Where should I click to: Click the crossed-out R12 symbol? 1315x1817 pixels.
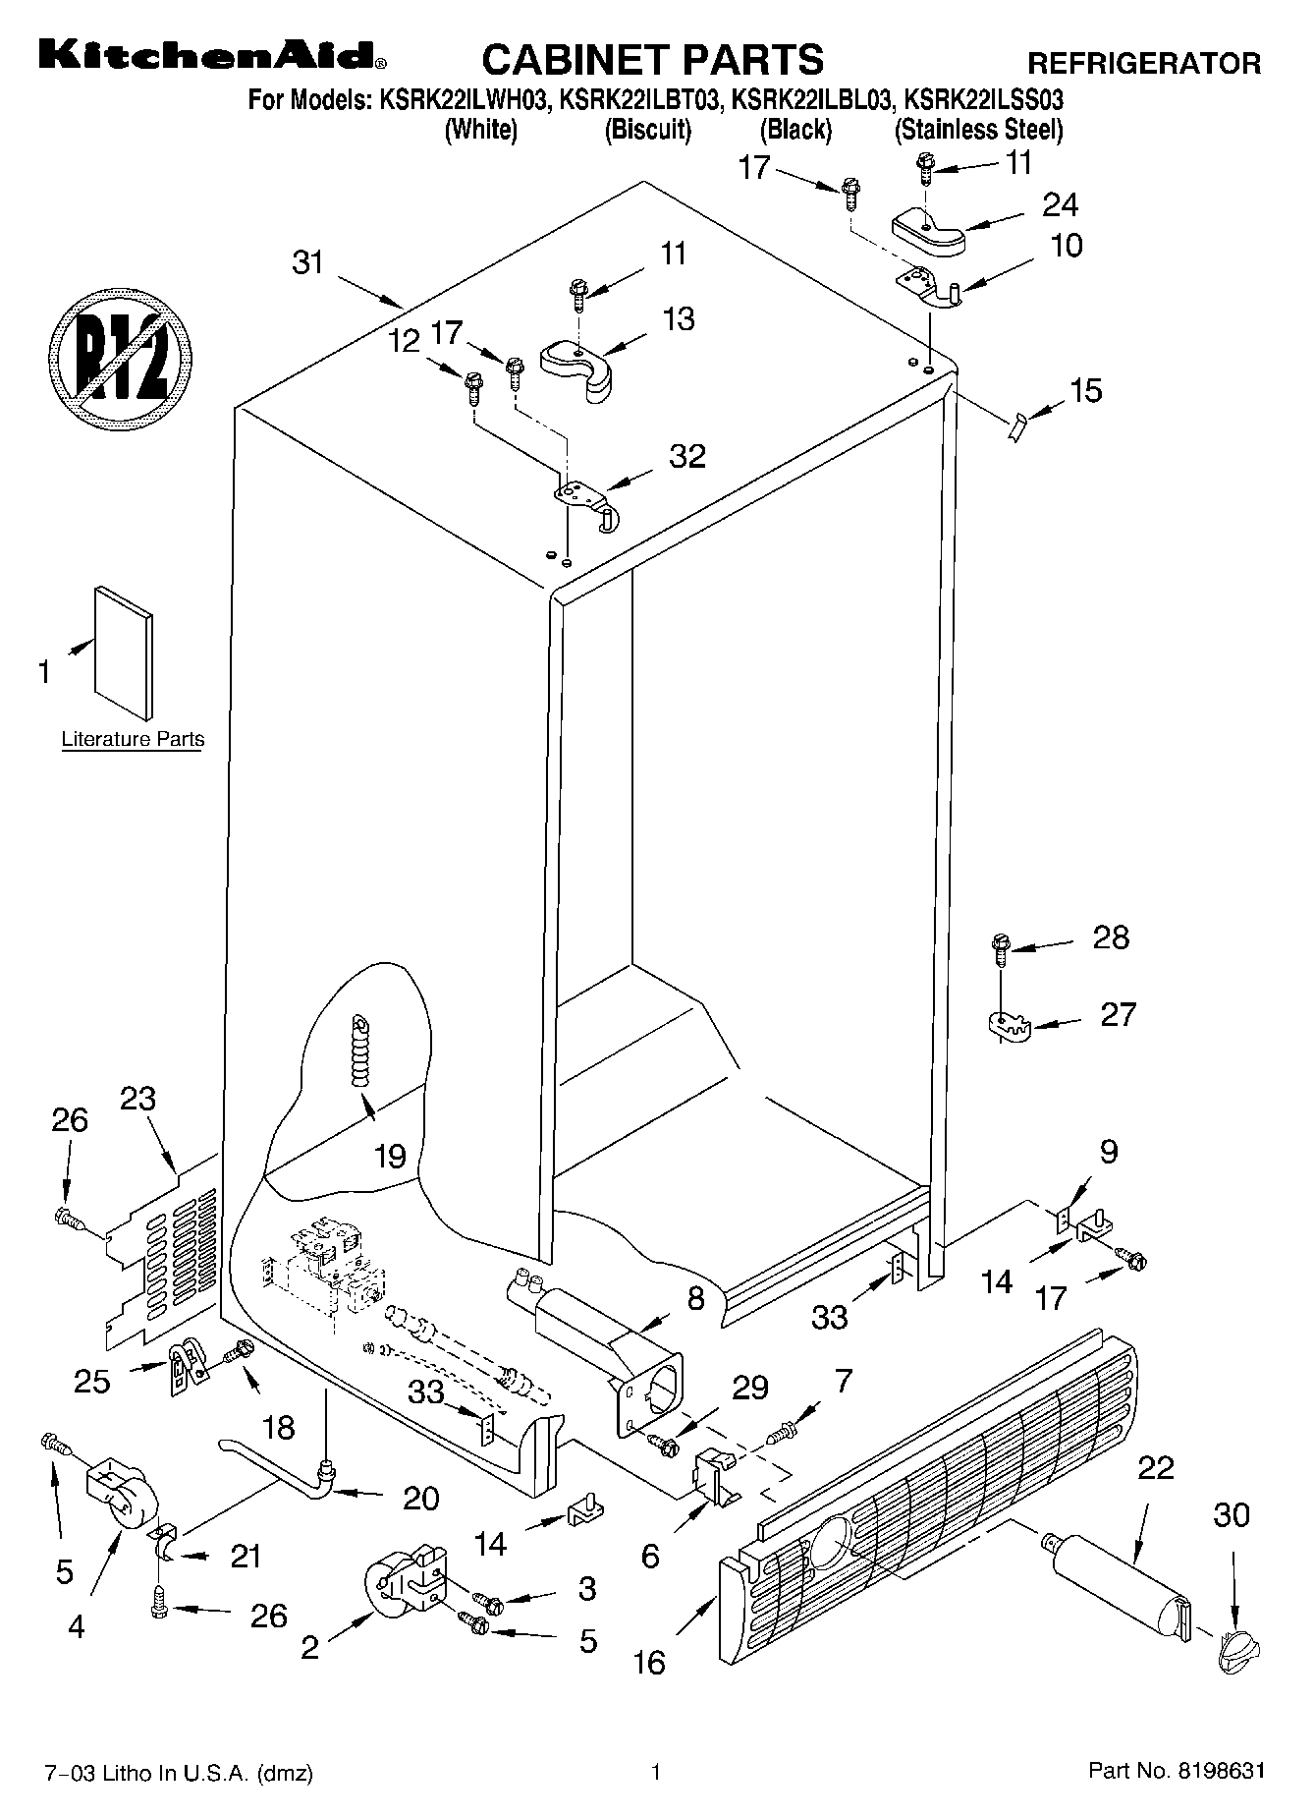[x=120, y=354]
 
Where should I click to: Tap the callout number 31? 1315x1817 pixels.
[x=308, y=262]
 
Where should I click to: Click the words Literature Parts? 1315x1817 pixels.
[x=133, y=739]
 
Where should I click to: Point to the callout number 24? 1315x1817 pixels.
[x=1060, y=204]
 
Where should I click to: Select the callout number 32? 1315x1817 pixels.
[x=687, y=456]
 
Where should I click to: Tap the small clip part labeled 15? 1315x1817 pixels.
[x=1017, y=427]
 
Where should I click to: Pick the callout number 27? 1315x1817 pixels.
[x=1118, y=1013]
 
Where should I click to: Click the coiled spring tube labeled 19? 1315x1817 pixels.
[x=362, y=1050]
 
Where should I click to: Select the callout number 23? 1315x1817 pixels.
[x=137, y=1098]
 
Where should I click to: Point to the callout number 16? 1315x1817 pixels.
[x=649, y=1661]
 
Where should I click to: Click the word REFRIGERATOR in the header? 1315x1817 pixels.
[x=1143, y=64]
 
